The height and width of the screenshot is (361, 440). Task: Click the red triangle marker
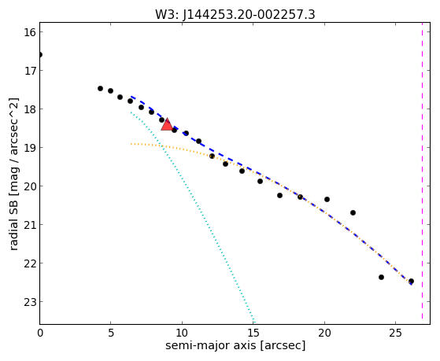[167, 124]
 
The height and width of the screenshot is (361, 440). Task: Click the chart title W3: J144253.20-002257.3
[235, 14]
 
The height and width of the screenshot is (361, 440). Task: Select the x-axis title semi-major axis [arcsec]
[235, 345]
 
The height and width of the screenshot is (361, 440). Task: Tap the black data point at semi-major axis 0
[40, 54]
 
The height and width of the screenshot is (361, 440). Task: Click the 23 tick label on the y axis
[30, 302]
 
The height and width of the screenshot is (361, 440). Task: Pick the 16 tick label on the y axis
[30, 32]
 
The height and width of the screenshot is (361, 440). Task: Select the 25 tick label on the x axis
[396, 333]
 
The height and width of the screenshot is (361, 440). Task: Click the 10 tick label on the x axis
[182, 333]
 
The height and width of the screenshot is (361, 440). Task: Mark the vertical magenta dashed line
[422, 171]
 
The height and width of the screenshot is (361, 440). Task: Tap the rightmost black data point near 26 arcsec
[411, 281]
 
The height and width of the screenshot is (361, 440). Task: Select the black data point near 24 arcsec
[381, 277]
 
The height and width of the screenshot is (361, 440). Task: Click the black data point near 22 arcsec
[353, 213]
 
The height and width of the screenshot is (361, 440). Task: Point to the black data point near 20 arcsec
[327, 200]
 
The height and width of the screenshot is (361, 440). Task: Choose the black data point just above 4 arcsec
[101, 88]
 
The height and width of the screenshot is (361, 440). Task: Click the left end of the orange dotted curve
[131, 144]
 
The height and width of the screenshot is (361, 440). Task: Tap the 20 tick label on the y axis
[30, 186]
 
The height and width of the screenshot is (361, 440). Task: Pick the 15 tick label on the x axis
[253, 333]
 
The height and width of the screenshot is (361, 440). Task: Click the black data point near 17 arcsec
[279, 195]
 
